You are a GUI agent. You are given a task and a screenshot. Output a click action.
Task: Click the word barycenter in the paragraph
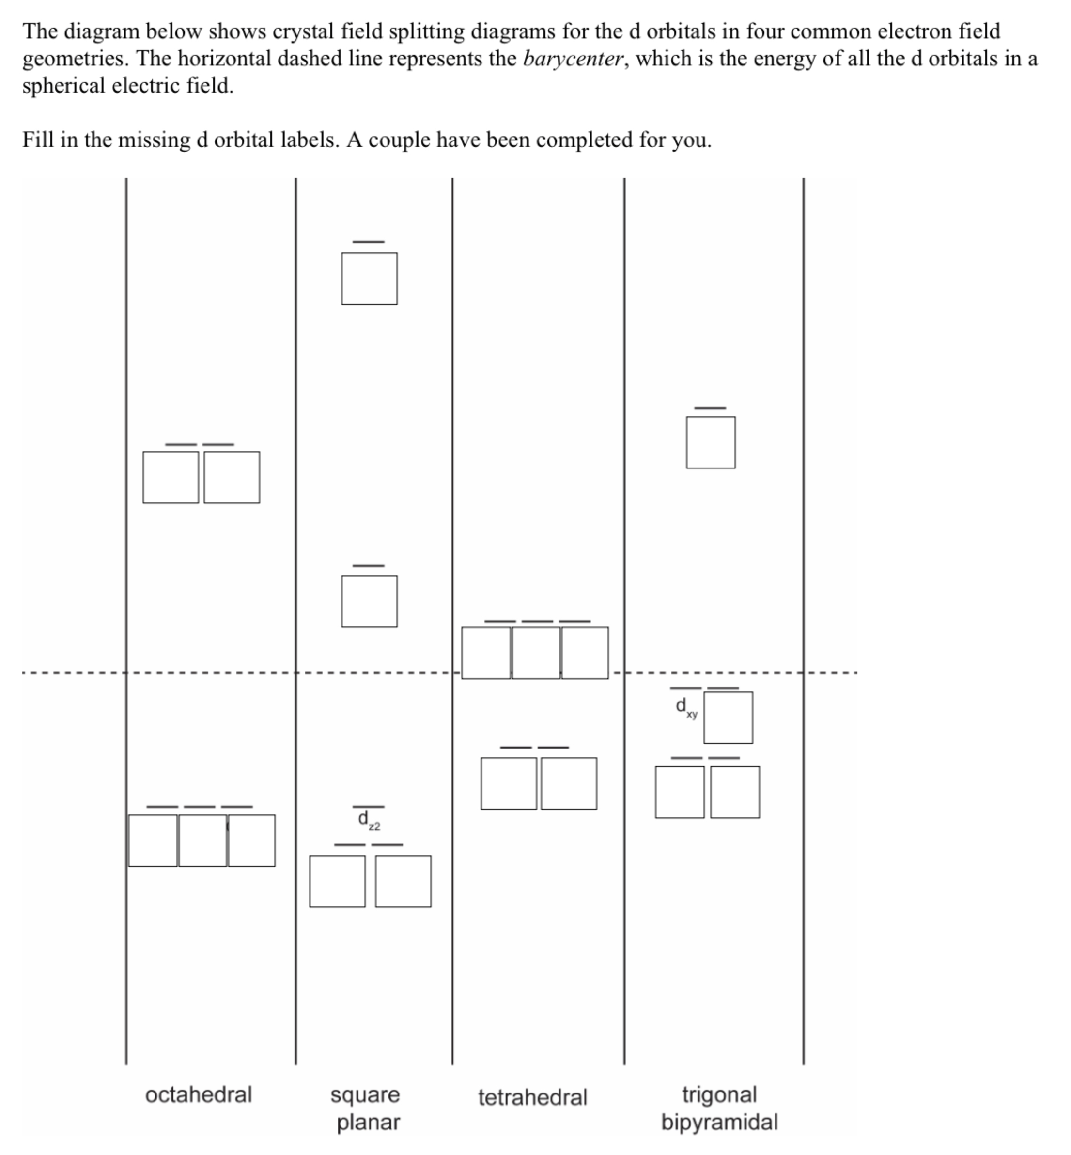(x=572, y=59)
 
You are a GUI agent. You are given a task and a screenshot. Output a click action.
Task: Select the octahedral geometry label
(x=198, y=1095)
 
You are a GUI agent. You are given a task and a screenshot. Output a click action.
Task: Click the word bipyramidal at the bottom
(x=719, y=1122)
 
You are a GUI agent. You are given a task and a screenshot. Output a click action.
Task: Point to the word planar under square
(x=368, y=1122)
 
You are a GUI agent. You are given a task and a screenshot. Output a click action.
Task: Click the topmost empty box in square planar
(x=369, y=278)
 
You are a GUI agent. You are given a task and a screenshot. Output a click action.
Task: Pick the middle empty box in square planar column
(x=369, y=601)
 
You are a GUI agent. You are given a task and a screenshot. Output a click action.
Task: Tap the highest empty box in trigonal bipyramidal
(x=711, y=442)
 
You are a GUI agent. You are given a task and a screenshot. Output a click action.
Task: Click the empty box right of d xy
(x=728, y=718)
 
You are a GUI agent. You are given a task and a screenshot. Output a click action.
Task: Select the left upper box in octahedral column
(x=171, y=477)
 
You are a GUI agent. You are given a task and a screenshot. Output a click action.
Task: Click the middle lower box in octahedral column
(x=202, y=840)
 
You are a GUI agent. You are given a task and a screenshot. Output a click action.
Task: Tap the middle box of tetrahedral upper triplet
(x=536, y=653)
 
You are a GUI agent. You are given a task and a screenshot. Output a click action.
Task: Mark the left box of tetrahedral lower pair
(x=508, y=783)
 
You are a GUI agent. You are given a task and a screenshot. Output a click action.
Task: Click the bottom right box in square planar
(x=403, y=881)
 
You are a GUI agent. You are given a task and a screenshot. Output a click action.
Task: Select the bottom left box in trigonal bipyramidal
(x=679, y=792)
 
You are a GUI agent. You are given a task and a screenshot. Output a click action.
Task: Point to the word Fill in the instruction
(x=38, y=140)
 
